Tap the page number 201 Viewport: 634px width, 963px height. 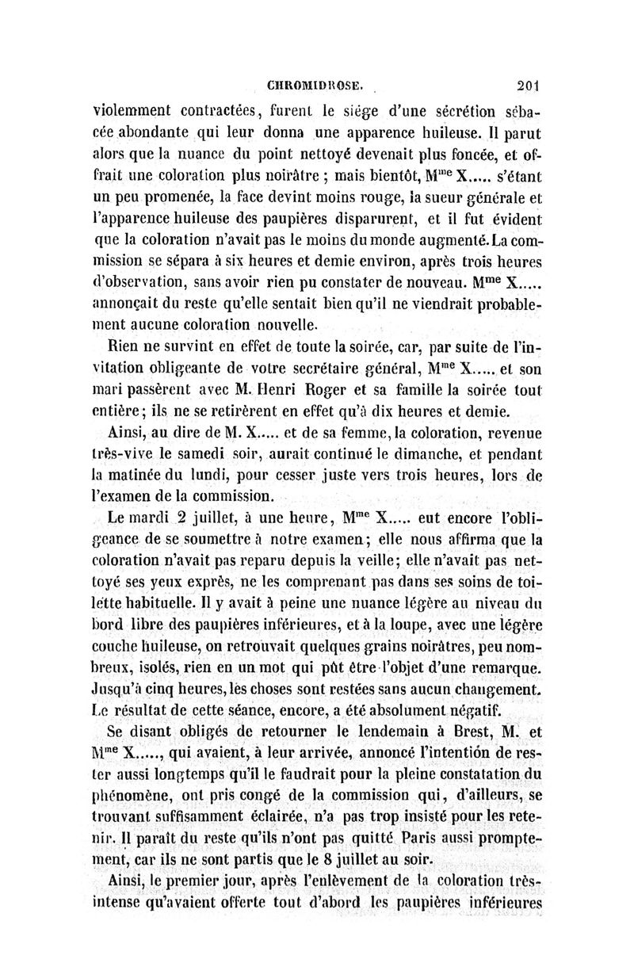click(x=526, y=83)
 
